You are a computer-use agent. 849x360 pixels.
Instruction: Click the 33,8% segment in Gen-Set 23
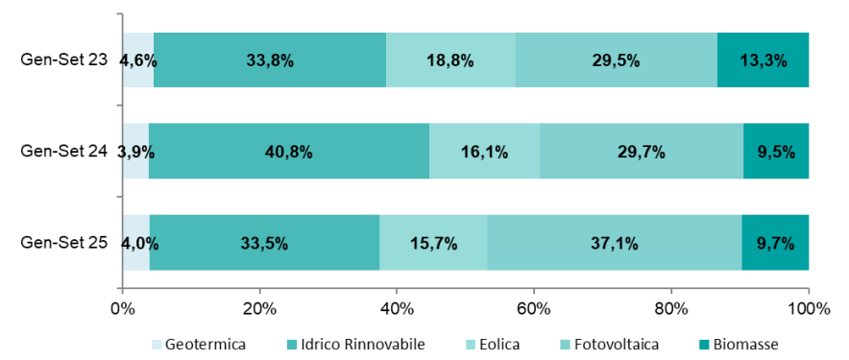269,60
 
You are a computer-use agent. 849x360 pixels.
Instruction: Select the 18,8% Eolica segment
449,60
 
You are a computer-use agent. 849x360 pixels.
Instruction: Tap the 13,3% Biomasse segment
763,60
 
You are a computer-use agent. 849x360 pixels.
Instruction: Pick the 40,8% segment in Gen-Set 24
288,151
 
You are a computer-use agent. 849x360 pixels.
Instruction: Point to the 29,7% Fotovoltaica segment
641,151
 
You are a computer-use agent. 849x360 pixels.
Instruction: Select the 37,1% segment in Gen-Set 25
614,242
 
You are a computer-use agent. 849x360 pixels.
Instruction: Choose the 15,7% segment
432,242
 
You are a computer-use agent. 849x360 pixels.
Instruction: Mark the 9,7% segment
774,242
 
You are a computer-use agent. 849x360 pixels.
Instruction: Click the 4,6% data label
138,60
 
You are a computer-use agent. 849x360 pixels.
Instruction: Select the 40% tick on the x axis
397,309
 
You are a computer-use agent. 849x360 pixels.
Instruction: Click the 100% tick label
808,309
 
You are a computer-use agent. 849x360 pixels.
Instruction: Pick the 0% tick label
122,309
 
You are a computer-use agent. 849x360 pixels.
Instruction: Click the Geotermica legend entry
197,344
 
